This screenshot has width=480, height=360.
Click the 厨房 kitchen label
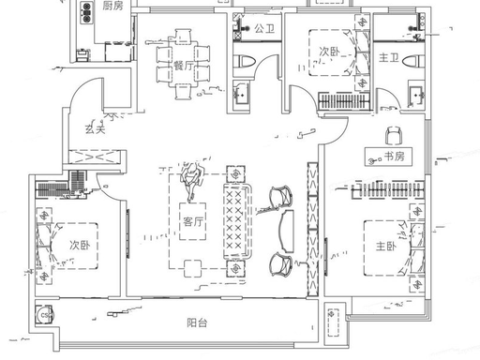coord(112,6)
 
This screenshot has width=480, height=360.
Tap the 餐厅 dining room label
coord(184,66)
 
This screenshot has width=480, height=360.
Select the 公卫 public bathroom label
coord(264,29)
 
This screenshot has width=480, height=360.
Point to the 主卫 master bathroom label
coord(389,57)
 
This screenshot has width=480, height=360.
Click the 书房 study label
coord(394,157)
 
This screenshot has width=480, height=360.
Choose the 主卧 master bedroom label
coord(386,247)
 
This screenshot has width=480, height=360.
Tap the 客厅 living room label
coord(193,221)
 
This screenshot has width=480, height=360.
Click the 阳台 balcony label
coord(197,322)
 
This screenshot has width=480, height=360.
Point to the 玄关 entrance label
coord(96,128)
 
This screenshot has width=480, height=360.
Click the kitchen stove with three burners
coord(86,12)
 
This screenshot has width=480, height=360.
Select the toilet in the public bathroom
coord(245,62)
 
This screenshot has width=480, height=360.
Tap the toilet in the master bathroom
coord(413,61)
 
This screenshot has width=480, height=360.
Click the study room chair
coord(393,135)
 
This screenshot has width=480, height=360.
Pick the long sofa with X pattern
coord(237,221)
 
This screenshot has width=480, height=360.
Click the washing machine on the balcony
coord(44,315)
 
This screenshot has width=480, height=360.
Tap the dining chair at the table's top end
coord(183,37)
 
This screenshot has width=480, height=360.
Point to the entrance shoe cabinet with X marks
coord(95,157)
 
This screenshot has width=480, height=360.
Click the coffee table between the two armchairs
coord(288,231)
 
